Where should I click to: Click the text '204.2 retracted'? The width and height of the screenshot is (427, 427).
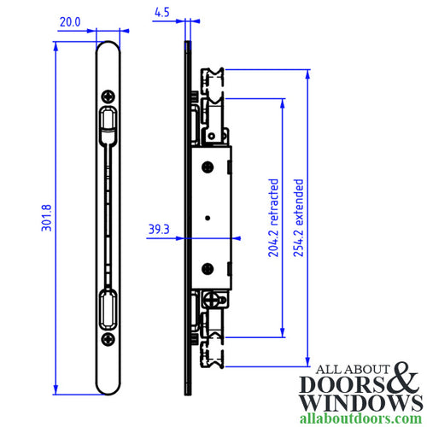273,219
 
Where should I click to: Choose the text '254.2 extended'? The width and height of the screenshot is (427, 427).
298,219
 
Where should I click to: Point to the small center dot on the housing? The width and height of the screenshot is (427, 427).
207,219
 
